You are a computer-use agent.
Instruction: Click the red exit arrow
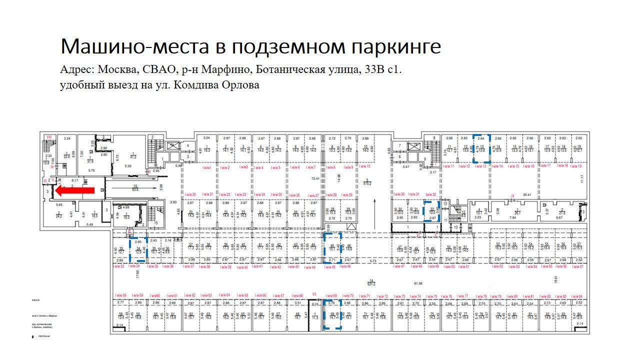[74, 190]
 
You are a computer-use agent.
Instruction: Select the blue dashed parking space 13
[481, 148]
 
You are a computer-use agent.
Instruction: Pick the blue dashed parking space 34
[138, 249]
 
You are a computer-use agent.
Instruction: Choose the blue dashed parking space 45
[332, 248]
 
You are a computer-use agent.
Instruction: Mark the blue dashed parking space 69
[332, 314]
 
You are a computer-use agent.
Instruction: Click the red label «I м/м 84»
[576, 296]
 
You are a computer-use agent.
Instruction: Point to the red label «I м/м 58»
[121, 295]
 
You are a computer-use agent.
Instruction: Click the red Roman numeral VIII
[49, 136]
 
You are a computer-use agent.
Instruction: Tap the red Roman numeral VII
[314, 294]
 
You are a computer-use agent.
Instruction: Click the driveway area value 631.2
[371, 283]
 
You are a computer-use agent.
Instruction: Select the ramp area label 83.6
[135, 189]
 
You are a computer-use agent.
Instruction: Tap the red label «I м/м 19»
[575, 165]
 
